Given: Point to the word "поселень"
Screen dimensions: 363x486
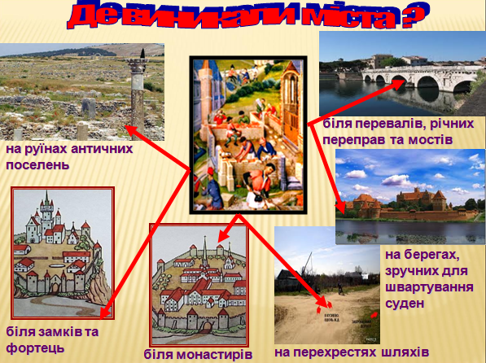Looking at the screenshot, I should [37, 164].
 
